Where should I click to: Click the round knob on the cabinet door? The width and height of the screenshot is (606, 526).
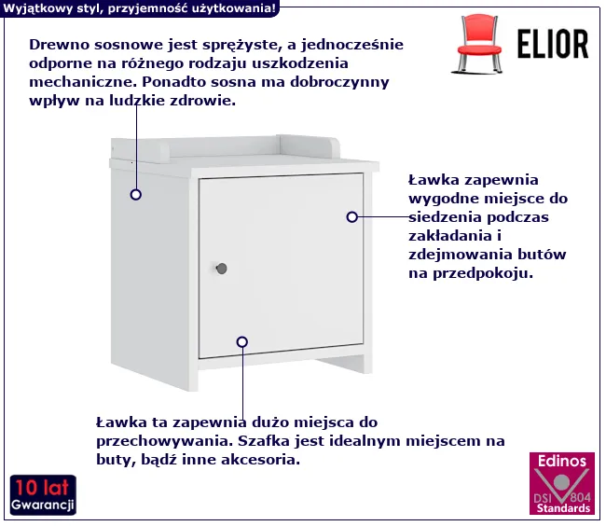tap(222, 269)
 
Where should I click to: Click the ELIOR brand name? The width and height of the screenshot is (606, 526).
tap(553, 44)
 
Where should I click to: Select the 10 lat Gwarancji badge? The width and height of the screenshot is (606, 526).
tap(43, 495)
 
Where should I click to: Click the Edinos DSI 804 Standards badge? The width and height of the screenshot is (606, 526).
tap(562, 483)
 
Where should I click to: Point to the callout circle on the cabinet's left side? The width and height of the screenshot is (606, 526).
tap(136, 194)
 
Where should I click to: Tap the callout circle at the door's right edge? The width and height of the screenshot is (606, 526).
tap(351, 217)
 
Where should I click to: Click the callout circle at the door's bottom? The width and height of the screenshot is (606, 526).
tap(242, 342)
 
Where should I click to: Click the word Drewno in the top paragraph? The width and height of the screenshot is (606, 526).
tap(60, 45)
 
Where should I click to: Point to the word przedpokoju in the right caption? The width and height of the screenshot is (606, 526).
tap(483, 273)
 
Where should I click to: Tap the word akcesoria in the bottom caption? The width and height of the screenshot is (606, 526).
tap(263, 460)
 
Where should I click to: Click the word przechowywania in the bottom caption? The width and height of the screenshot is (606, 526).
tap(165, 441)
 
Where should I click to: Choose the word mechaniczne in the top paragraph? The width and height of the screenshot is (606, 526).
tap(84, 82)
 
